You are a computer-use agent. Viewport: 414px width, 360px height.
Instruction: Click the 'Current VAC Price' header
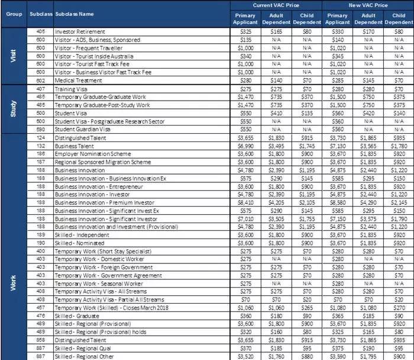(x=276, y=5)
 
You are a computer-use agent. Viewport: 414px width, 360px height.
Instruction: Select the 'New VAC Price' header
(x=368, y=5)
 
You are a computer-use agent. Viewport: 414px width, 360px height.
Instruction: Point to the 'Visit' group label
(x=13, y=56)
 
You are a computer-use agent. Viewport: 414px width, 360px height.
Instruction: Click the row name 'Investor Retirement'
(x=80, y=31)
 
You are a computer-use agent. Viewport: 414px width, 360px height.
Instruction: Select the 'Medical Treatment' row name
(x=77, y=80)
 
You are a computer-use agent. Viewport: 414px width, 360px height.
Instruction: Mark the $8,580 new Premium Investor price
(x=338, y=202)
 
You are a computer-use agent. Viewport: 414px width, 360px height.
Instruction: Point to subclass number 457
(x=41, y=308)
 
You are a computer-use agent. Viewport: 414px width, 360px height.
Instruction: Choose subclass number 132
(x=41, y=146)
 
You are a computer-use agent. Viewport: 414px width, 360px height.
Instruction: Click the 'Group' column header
(x=13, y=13)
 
